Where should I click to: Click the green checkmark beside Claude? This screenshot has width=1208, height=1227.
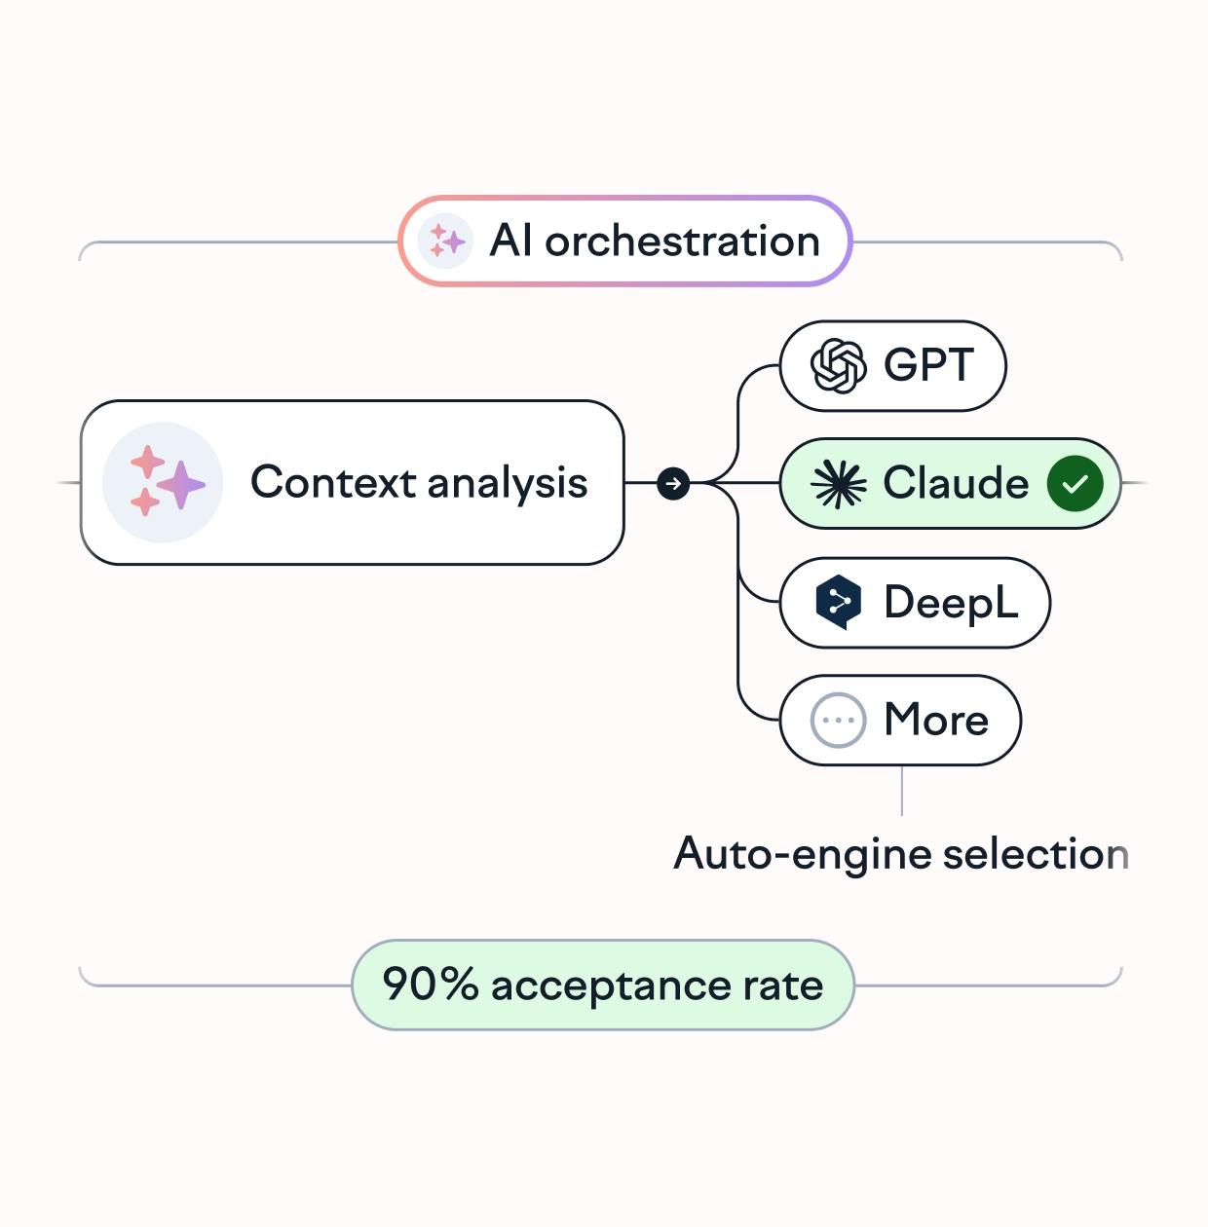(1075, 483)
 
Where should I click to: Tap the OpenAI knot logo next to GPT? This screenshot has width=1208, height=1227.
(838, 366)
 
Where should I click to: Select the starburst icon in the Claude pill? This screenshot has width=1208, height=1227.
(838, 483)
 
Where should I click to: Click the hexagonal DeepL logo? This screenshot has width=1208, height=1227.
(838, 602)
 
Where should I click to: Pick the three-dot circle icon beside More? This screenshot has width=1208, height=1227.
(838, 721)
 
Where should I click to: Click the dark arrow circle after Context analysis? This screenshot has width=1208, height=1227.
(673, 483)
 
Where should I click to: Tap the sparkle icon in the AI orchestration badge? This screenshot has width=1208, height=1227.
(445, 241)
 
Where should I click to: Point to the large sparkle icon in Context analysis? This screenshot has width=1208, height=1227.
(163, 482)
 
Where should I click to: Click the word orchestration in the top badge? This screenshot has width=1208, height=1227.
(682, 242)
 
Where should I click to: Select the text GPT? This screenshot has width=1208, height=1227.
(928, 366)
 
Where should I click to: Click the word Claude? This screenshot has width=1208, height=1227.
(956, 483)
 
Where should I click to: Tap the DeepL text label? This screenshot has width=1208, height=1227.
(951, 603)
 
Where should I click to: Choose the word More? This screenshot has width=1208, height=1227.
(936, 721)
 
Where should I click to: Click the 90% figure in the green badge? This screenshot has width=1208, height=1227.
(430, 985)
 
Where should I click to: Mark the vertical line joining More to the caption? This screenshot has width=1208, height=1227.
(902, 791)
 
